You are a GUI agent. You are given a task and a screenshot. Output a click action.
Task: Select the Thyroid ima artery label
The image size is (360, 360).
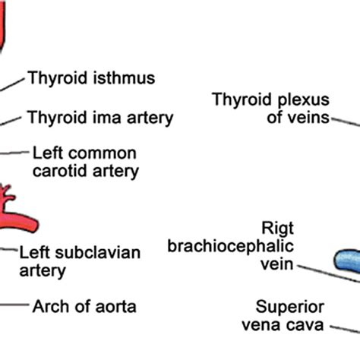click(100, 118)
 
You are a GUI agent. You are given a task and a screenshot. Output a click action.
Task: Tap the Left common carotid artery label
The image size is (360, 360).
click(85, 162)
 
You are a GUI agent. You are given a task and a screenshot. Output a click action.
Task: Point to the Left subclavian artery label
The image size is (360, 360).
click(80, 261)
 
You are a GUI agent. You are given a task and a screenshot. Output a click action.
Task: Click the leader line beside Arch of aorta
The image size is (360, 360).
click(13, 306)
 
